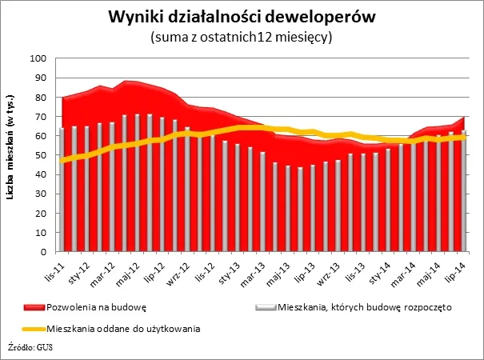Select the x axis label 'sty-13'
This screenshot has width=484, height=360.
(226, 270)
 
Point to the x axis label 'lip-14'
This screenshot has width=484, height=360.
(457, 270)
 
